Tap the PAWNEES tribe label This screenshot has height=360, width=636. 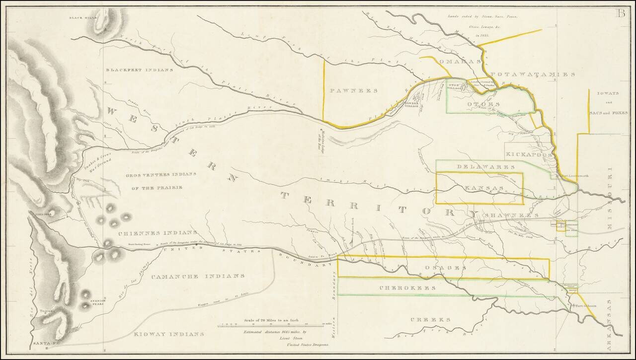click(x=353, y=91)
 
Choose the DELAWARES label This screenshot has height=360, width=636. click(x=478, y=167)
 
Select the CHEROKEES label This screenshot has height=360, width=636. click(x=407, y=288)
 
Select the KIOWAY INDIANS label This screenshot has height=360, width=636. click(x=169, y=334)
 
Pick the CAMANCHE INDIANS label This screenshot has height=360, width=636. click(x=198, y=276)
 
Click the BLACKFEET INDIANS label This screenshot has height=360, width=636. click(x=139, y=70)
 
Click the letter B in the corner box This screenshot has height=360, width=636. click(x=621, y=13)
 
